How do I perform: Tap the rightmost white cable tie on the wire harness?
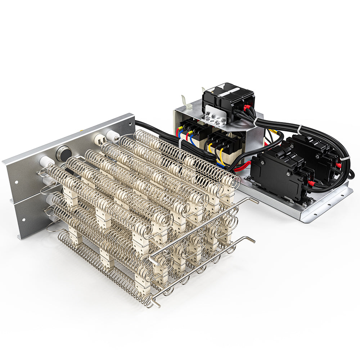(345, 158)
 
